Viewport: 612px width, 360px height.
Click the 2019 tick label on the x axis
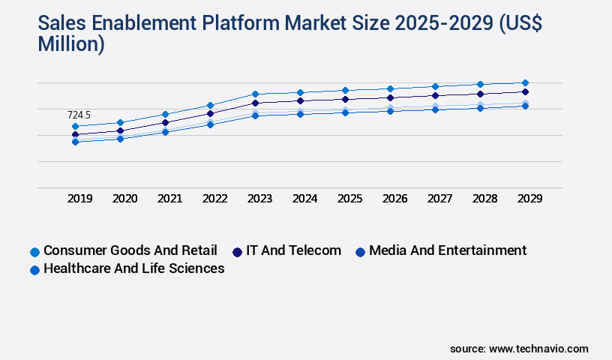click(79, 199)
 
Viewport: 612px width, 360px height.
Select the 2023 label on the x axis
click(259, 199)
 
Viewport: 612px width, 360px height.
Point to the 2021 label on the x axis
click(169, 199)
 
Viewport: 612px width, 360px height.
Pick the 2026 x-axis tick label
click(394, 199)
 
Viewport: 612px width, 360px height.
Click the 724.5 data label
click(79, 115)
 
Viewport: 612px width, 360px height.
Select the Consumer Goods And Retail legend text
click(130, 250)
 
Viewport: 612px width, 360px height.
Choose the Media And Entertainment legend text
click(448, 250)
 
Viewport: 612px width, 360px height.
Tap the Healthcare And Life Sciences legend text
click(134, 268)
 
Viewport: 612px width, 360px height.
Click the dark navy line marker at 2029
click(525, 91)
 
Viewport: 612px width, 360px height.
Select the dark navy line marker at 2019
click(75, 135)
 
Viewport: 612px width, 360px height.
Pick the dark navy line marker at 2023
click(255, 103)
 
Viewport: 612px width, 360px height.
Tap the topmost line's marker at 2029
click(525, 82)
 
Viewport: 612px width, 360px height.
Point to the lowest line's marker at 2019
click(75, 142)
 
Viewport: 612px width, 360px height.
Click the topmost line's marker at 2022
click(210, 105)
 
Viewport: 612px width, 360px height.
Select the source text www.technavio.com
click(538, 349)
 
